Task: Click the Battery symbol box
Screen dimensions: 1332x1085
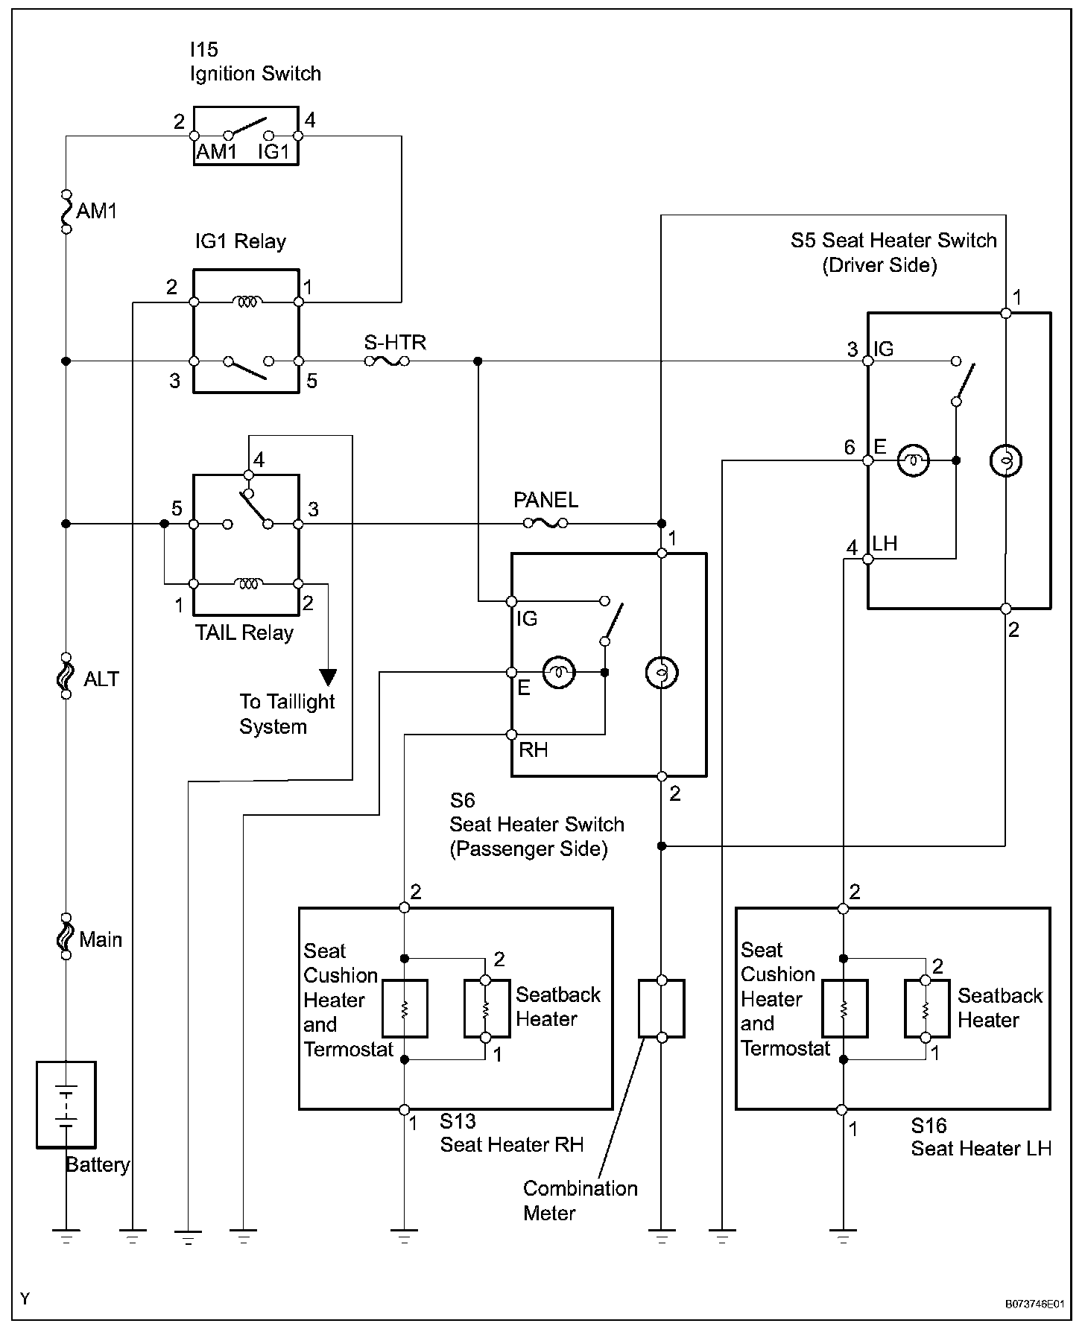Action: click(66, 1104)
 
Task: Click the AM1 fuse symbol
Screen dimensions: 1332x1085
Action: click(66, 210)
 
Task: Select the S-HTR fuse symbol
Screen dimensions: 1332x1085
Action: click(387, 361)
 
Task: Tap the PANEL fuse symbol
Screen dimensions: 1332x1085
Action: click(545, 524)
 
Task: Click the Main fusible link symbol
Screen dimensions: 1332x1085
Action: click(66, 936)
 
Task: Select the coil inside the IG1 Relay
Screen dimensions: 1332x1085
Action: click(246, 302)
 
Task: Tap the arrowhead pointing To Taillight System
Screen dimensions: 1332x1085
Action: click(328, 677)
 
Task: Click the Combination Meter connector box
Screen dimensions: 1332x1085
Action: click(662, 1009)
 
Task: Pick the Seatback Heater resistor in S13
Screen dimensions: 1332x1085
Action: click(485, 1009)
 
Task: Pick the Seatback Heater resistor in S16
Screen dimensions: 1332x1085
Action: click(925, 1009)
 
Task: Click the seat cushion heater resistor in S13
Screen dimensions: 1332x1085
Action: click(405, 1009)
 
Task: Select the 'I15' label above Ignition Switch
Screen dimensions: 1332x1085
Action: click(203, 50)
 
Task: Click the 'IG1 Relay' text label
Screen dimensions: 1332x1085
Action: click(240, 241)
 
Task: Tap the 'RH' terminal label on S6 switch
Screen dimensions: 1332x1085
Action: click(533, 749)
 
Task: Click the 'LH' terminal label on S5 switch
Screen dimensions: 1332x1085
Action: click(885, 544)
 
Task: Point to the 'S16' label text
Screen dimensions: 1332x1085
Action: click(929, 1125)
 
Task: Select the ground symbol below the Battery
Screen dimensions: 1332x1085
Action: click(66, 1237)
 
